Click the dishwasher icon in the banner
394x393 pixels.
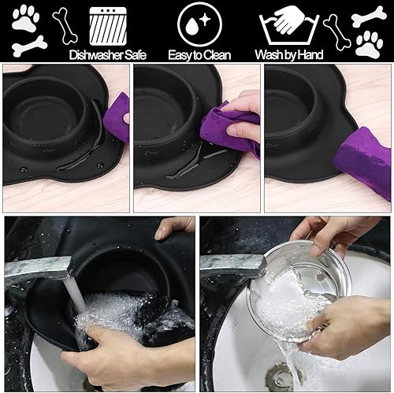coord(109,25)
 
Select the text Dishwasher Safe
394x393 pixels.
coord(109,54)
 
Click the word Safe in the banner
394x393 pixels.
coord(134,54)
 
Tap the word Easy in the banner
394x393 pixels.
coord(180,54)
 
